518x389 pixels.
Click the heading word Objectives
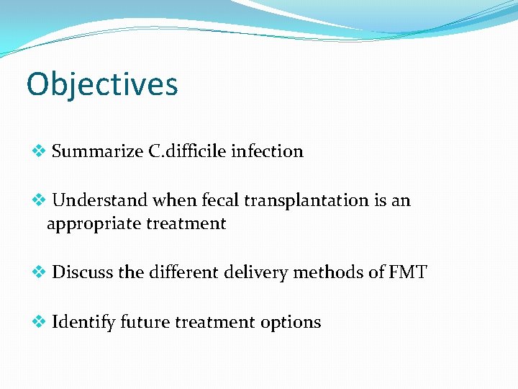[x=101, y=84]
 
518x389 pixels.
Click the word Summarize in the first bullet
[x=97, y=151]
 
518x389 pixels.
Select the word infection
[x=267, y=151]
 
